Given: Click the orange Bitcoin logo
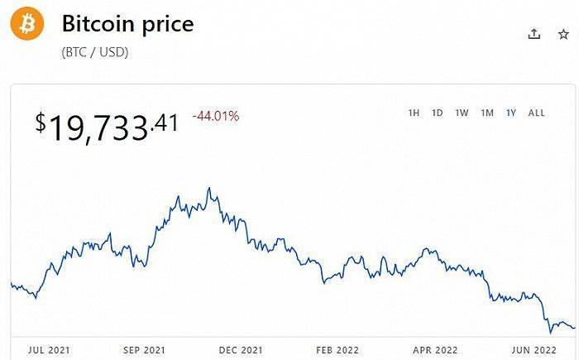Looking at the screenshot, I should click(x=26, y=24).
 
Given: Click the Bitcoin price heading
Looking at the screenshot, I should click(x=127, y=23).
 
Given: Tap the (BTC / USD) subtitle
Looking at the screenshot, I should click(x=95, y=52).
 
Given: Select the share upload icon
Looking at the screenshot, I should click(x=534, y=33).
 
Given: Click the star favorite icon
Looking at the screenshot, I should click(x=563, y=33).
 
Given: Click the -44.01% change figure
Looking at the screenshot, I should click(x=215, y=116).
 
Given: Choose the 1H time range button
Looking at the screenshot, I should click(x=414, y=113).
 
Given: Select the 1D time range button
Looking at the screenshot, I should click(x=437, y=113).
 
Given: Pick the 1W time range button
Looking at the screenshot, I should click(x=462, y=113).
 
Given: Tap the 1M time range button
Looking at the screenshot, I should click(x=487, y=113).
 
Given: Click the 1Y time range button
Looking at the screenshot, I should click(x=511, y=113).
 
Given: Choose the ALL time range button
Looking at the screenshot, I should click(x=536, y=113).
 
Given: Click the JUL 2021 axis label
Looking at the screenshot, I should click(x=48, y=349).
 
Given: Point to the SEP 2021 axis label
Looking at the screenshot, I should click(x=144, y=349).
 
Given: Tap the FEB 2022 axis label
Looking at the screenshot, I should click(x=337, y=349).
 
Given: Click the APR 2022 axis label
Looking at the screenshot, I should click(x=434, y=349).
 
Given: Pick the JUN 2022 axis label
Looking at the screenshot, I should click(x=532, y=349).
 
